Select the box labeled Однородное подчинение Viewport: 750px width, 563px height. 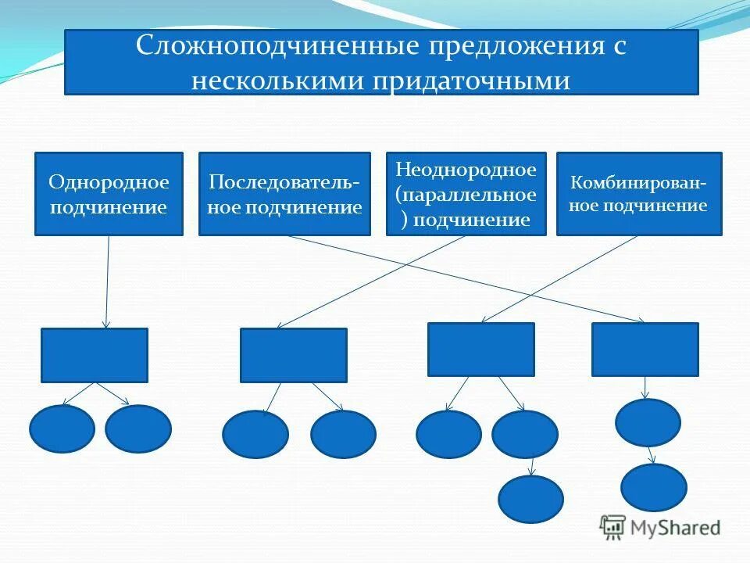click(109, 194)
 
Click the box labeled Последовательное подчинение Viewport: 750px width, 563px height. click(284, 194)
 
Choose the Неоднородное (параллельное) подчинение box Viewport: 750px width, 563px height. click(466, 194)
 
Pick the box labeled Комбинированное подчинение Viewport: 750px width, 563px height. click(639, 194)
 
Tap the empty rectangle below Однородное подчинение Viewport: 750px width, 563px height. click(94, 355)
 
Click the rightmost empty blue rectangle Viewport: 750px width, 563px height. click(645, 350)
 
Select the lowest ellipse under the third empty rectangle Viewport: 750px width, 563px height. click(530, 499)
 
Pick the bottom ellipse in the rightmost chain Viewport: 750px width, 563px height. click(654, 487)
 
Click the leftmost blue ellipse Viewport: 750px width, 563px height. click(62, 429)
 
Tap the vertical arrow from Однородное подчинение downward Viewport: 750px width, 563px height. click(107, 281)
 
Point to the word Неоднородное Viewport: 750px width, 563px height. click(466, 169)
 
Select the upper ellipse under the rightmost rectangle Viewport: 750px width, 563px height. click(648, 422)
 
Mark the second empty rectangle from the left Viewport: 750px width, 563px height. click(293, 355)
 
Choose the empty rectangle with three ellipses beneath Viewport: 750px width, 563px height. click(480, 350)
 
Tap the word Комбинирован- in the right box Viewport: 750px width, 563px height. click(639, 184)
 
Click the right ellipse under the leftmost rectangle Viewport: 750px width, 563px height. click(138, 429)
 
